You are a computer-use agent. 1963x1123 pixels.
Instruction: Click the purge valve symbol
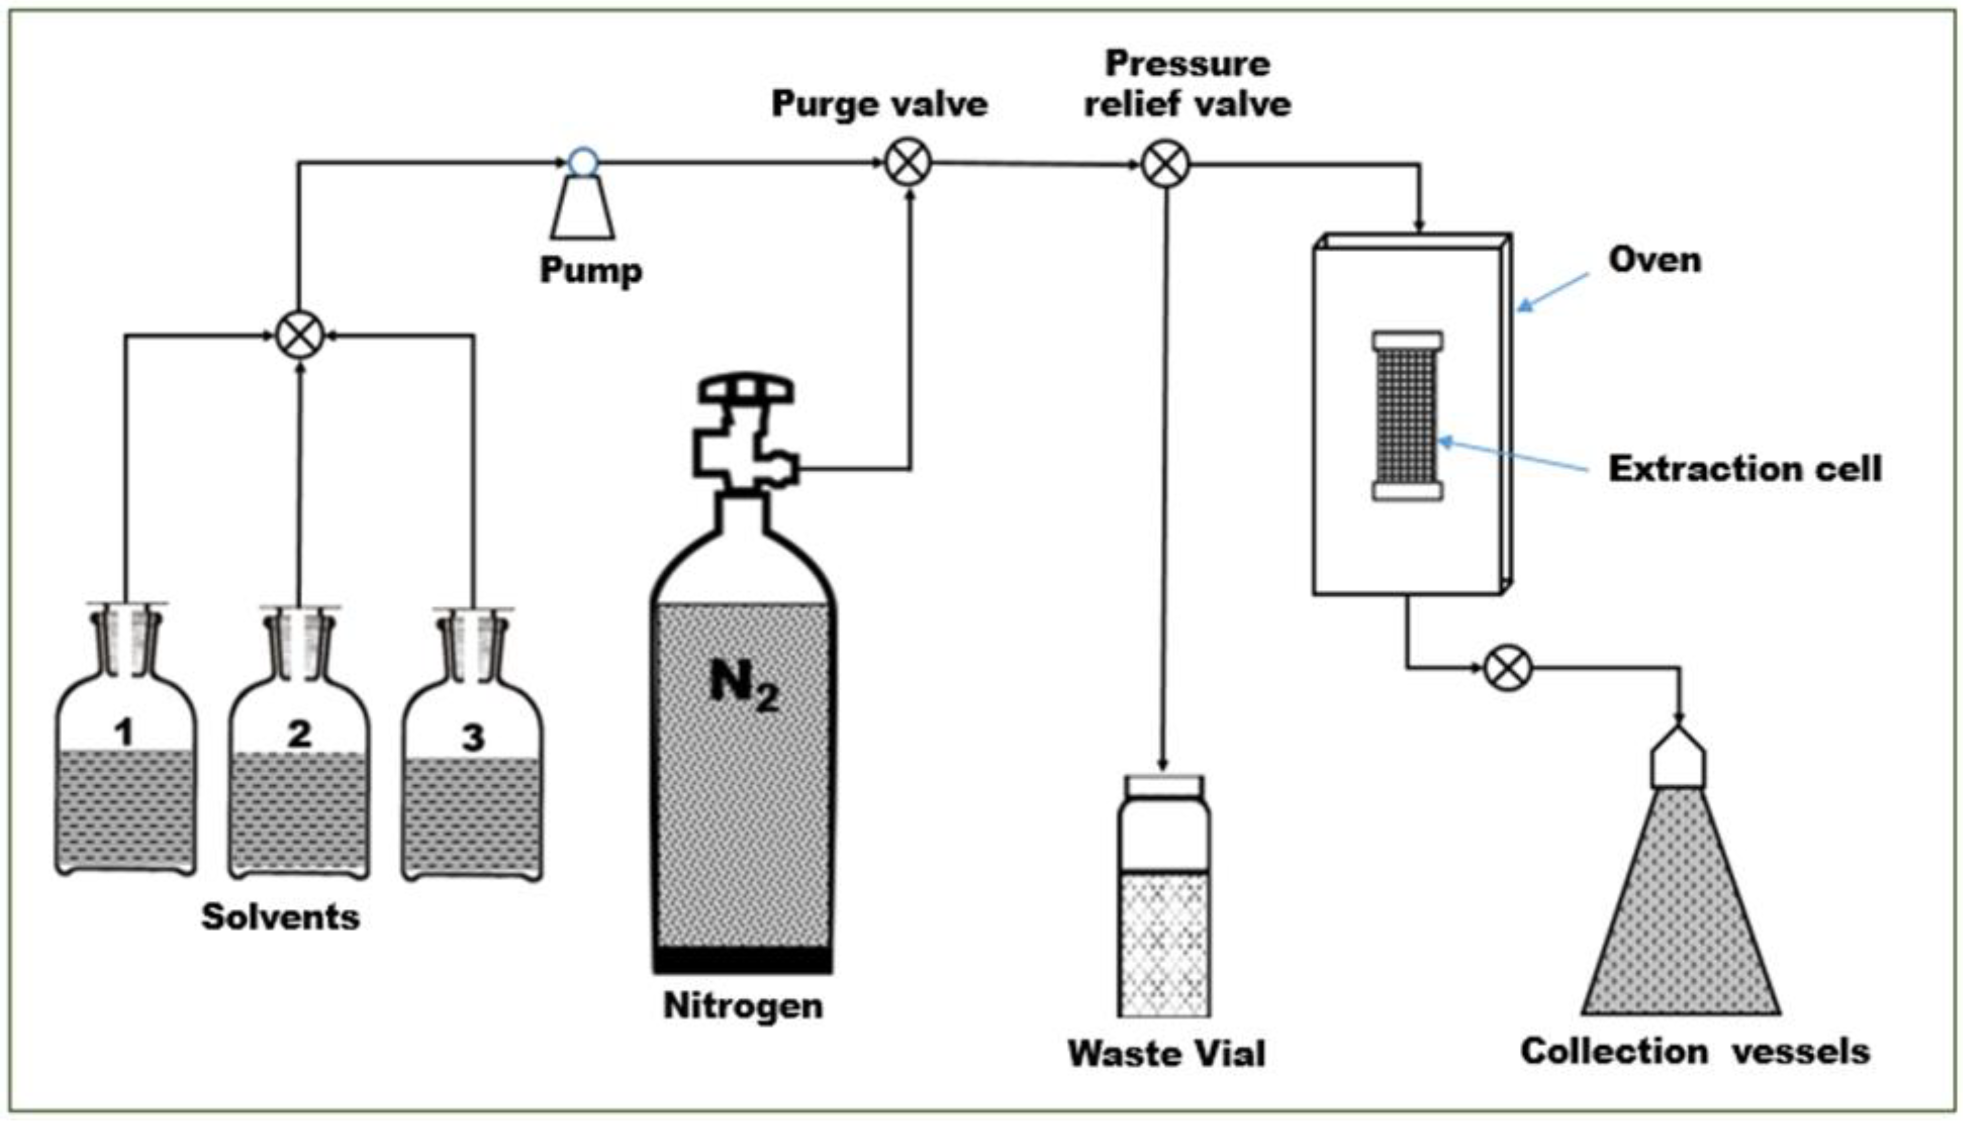pyautogui.click(x=908, y=163)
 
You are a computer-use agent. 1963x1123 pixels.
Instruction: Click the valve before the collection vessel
pyautogui.click(x=1508, y=668)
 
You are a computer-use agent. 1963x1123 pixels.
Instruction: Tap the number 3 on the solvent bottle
pyautogui.click(x=472, y=737)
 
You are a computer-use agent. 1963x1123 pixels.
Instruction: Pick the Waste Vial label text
pyautogui.click(x=1166, y=1053)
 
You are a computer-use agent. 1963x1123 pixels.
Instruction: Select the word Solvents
pyautogui.click(x=280, y=917)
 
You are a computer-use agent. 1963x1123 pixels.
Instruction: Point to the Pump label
pyautogui.click(x=590, y=270)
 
